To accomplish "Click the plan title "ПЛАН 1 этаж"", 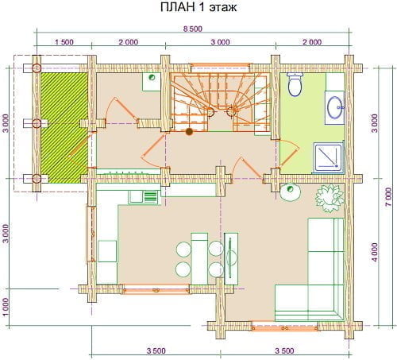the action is coord(198,7).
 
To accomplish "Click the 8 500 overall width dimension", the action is coord(193,29).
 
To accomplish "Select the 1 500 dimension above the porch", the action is coord(64,42).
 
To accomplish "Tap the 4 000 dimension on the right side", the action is coord(375,253).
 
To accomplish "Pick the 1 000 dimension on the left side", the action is coord(6,308).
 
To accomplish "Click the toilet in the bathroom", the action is coord(295,84).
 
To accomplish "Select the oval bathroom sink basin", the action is coord(335,107).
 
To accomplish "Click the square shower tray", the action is coord(329,158).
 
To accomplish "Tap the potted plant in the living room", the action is coord(330,199).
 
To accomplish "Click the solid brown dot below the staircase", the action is coord(189,132).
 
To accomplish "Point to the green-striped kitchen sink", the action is coord(151,197).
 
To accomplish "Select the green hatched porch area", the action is coord(64,128).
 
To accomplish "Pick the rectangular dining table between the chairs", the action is coord(199,258).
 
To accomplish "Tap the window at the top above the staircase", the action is coord(220,65).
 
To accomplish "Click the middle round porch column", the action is coord(37,123).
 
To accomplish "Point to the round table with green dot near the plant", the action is coord(291,192).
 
